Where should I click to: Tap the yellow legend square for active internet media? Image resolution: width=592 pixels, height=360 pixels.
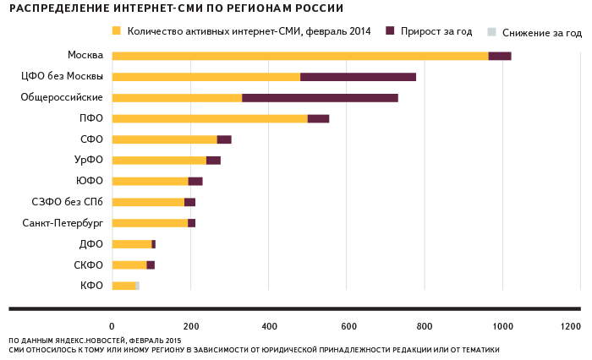[x=116, y=31]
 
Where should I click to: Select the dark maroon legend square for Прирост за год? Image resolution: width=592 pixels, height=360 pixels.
[x=390, y=31]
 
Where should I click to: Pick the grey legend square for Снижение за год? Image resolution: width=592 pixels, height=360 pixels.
[x=491, y=31]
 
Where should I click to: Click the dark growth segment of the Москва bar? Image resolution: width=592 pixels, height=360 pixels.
[x=500, y=56]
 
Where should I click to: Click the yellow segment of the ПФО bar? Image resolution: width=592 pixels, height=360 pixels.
[x=209, y=118]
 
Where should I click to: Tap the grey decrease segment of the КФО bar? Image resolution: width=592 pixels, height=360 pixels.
[x=137, y=286]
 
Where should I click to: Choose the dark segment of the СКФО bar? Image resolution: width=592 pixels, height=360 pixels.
[x=151, y=265]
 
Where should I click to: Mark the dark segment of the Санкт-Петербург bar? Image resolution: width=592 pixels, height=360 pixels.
[x=191, y=223]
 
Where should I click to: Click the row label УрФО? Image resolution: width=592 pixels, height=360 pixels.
[x=89, y=160]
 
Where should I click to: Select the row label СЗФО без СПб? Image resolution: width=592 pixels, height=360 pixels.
[x=67, y=202]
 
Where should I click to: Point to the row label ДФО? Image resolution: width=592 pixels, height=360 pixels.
[x=91, y=243]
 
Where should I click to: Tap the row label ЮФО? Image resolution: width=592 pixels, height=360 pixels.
[x=90, y=181]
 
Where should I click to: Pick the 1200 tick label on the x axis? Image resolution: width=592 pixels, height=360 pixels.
[x=571, y=326]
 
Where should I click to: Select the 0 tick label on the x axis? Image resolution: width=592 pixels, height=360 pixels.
[x=112, y=326]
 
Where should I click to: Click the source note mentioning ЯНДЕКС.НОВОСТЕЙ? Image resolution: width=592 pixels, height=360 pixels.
[x=95, y=340]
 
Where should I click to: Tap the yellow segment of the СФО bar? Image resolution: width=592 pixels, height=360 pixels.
[x=164, y=139]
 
